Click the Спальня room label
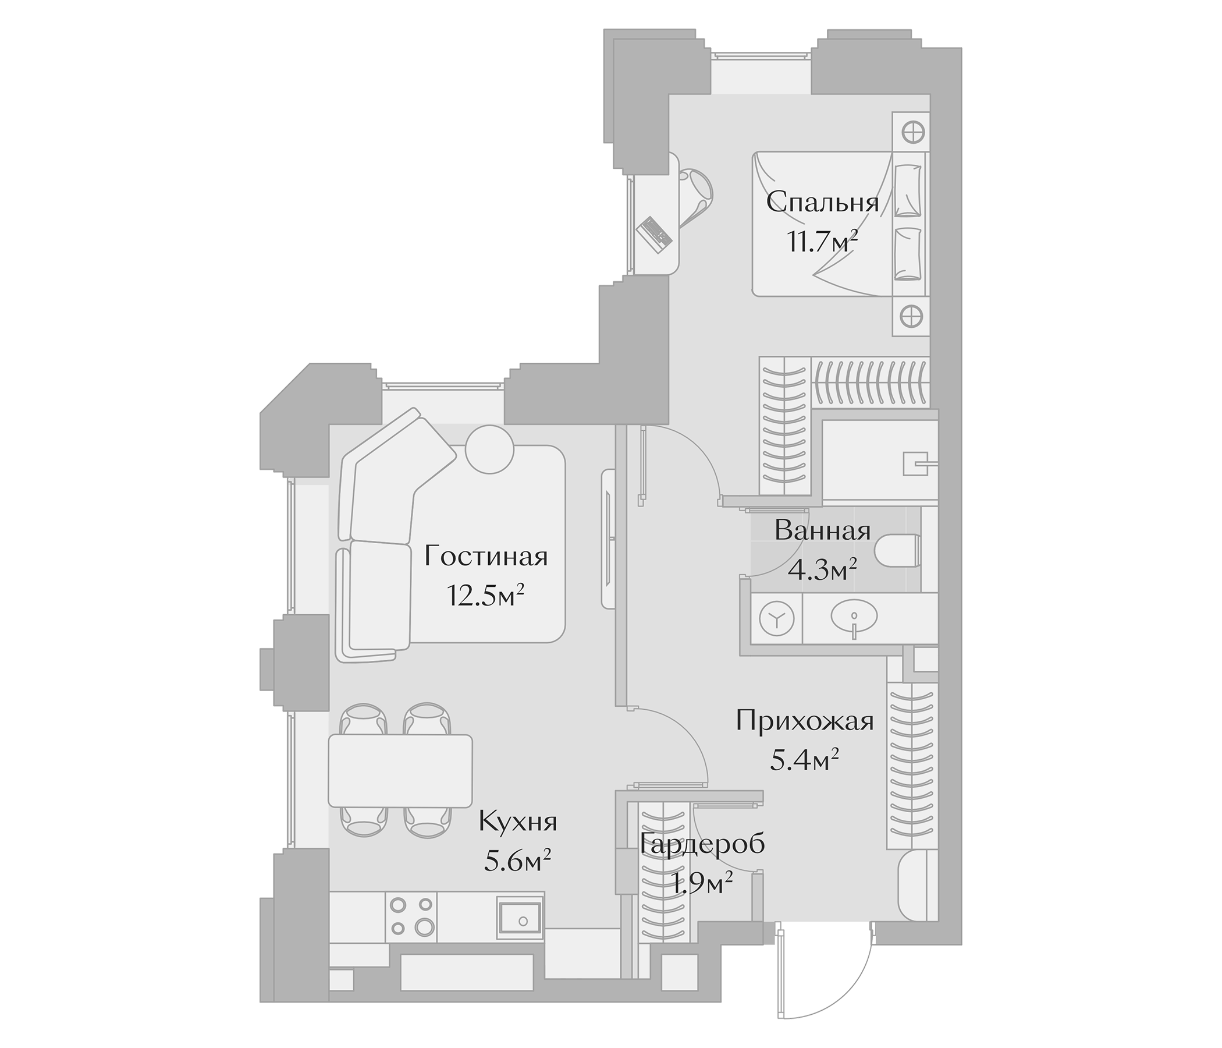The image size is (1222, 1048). [822, 203]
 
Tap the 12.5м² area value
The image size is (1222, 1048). [486, 596]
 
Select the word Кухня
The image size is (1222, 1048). [518, 822]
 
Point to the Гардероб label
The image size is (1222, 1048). [702, 844]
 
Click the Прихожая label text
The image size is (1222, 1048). [804, 721]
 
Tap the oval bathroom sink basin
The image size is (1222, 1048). [854, 617]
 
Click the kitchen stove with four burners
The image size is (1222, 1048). [411, 924]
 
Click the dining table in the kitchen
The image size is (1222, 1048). [400, 771]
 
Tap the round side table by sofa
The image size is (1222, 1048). [489, 448]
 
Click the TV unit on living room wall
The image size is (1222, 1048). [608, 539]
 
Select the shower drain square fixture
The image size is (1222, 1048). [914, 463]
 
